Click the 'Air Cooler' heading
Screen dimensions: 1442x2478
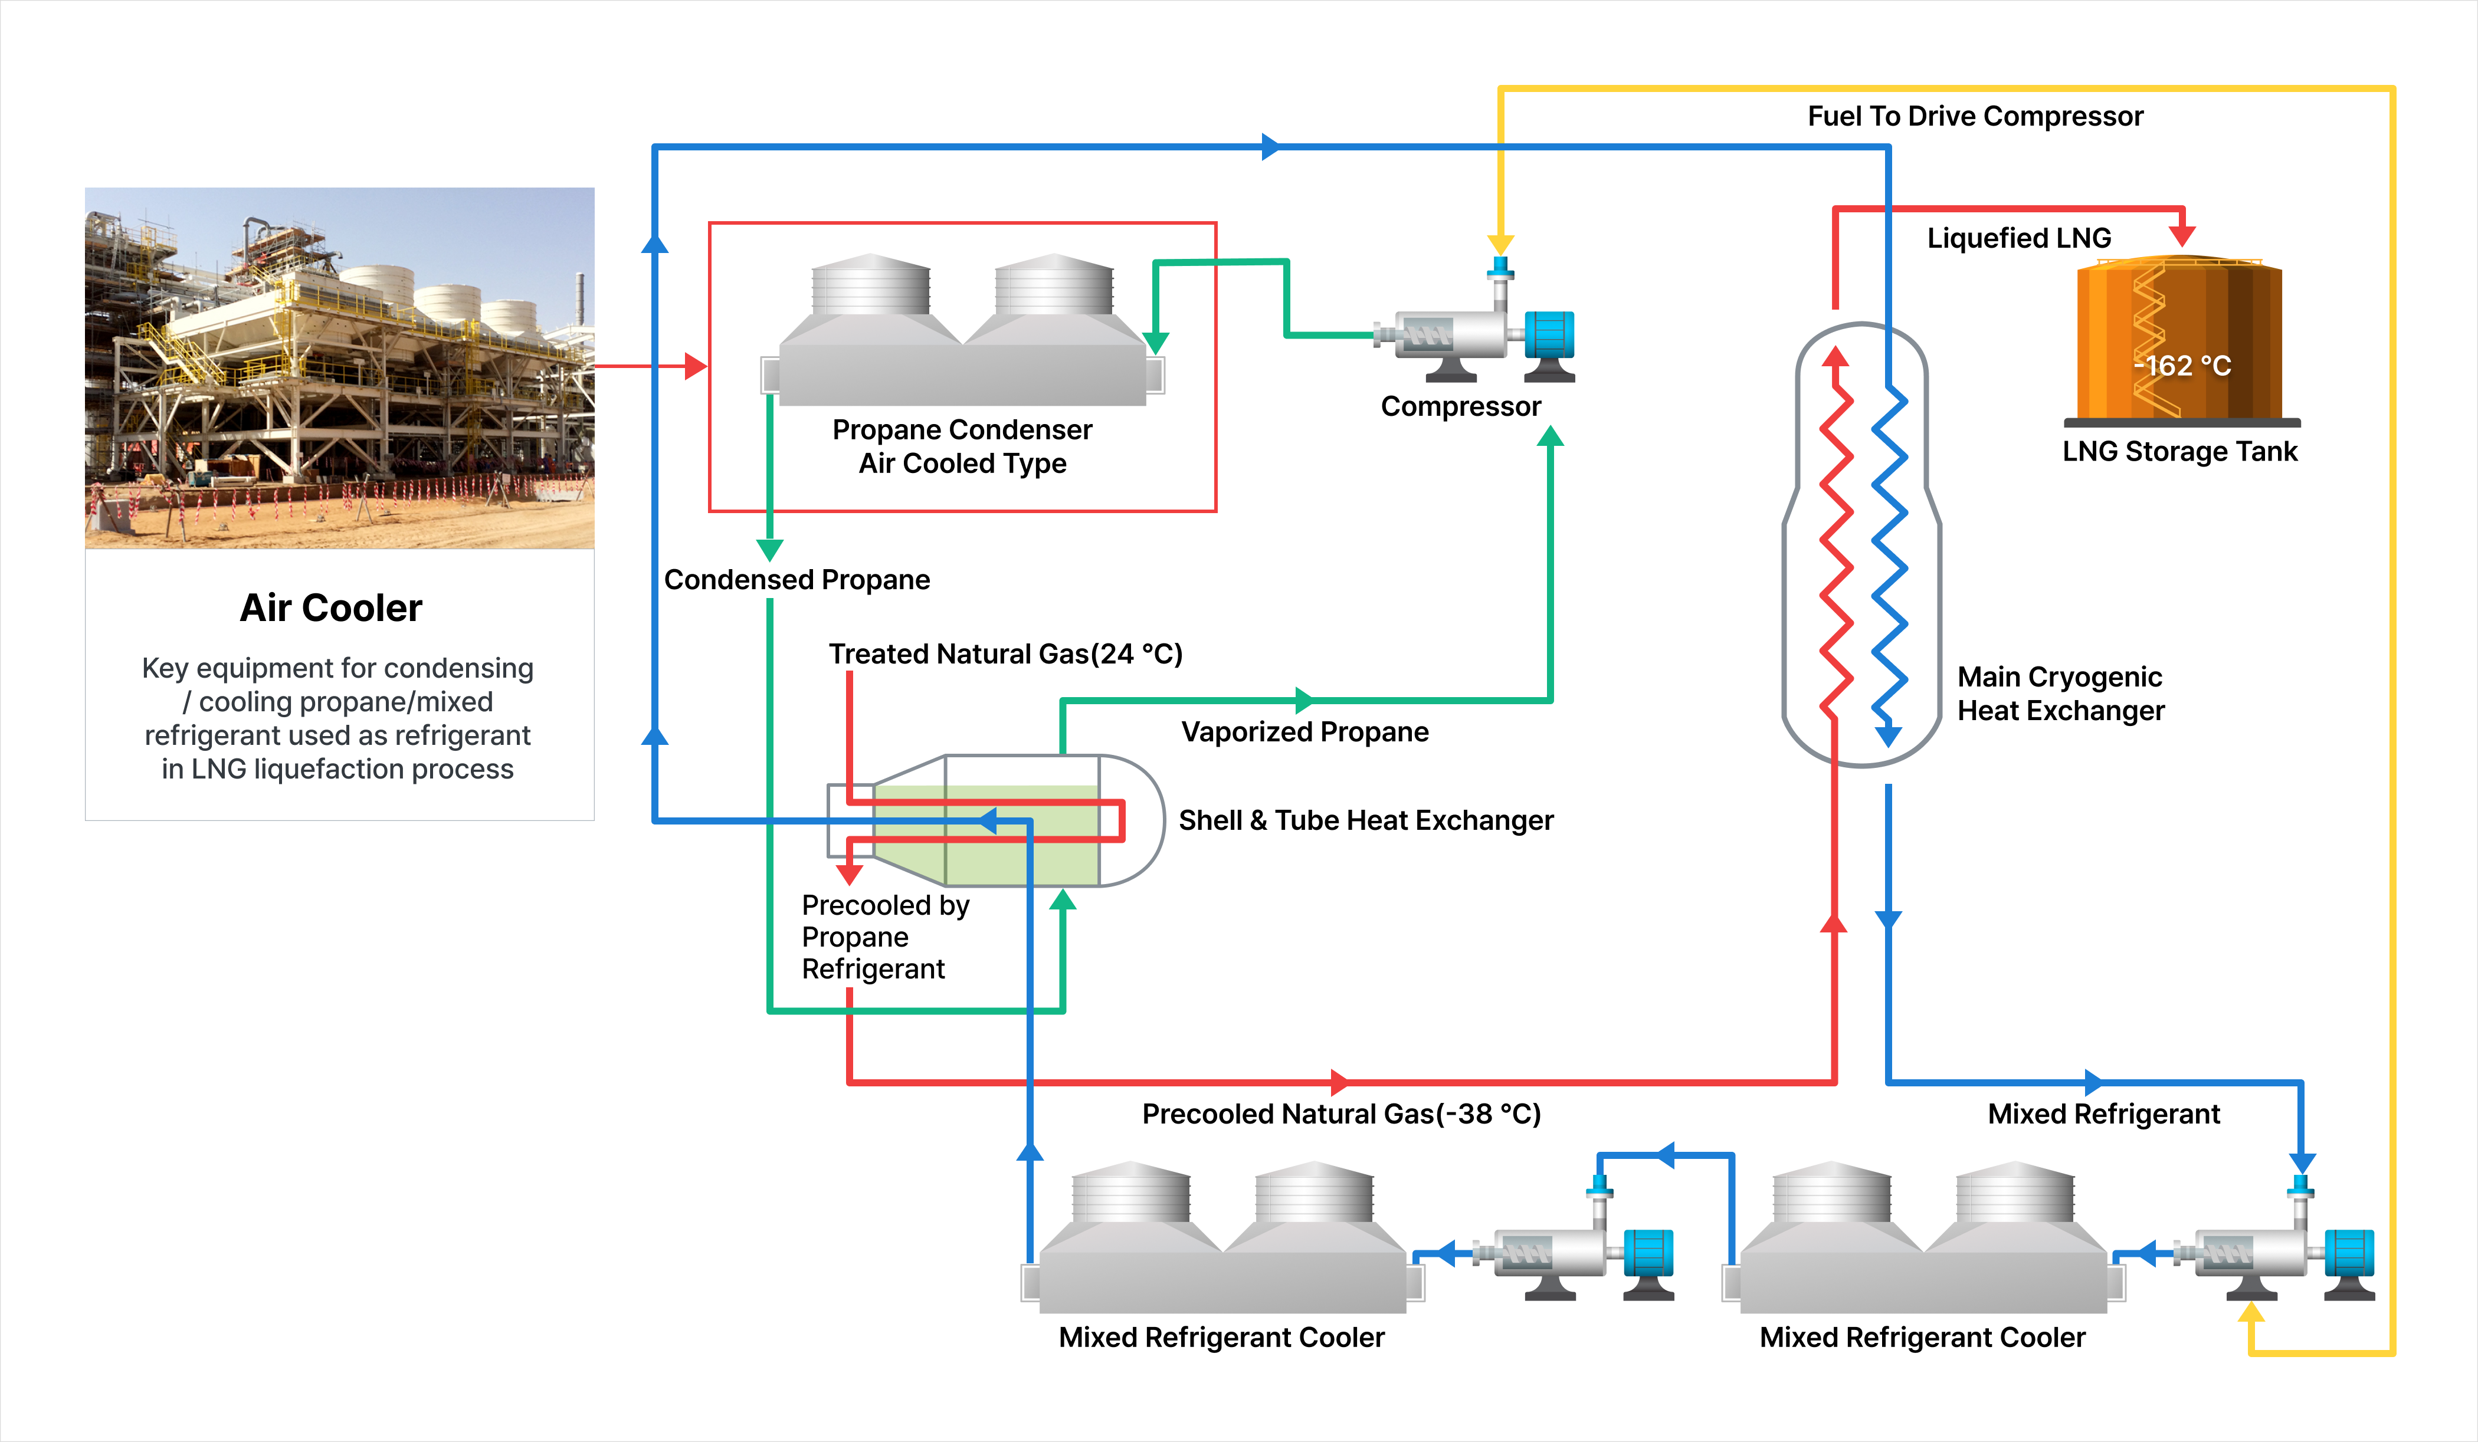coord(332,609)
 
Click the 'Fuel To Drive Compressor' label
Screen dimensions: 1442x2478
coord(1975,116)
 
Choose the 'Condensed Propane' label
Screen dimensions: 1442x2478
coord(796,580)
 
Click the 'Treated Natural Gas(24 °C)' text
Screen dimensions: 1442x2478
coord(1005,653)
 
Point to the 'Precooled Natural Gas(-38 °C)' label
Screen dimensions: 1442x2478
coord(1341,1113)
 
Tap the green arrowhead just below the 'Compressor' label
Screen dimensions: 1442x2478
coord(1550,436)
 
